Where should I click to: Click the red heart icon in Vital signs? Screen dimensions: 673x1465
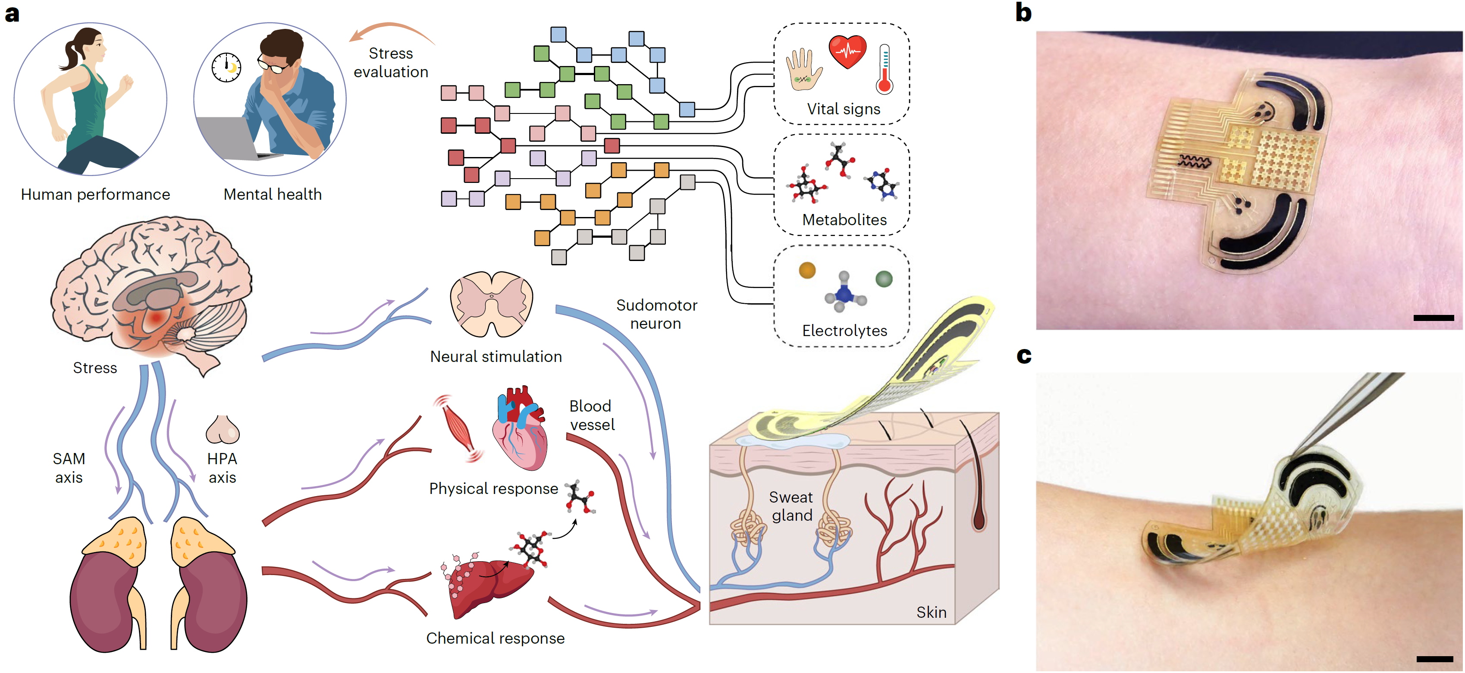pyautogui.click(x=847, y=52)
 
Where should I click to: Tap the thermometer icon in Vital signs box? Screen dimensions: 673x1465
pyautogui.click(x=885, y=69)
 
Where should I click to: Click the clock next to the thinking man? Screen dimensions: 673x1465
pyautogui.click(x=226, y=67)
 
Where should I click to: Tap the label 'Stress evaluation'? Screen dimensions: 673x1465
pyautogui.click(x=391, y=63)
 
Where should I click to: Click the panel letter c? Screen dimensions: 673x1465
pyautogui.click(x=1024, y=355)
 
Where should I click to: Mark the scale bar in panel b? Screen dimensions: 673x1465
pyautogui.click(x=1433, y=318)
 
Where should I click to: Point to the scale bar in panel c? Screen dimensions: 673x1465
pyautogui.click(x=1434, y=659)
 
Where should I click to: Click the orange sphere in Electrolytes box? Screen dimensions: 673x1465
pyautogui.click(x=807, y=270)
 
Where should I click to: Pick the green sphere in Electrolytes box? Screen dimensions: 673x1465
pyautogui.click(x=884, y=279)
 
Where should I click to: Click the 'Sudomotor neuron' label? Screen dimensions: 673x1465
pyautogui.click(x=656, y=314)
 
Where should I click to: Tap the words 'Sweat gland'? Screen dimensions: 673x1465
pyautogui.click(x=791, y=506)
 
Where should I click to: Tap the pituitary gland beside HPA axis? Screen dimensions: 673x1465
pyautogui.click(x=223, y=430)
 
